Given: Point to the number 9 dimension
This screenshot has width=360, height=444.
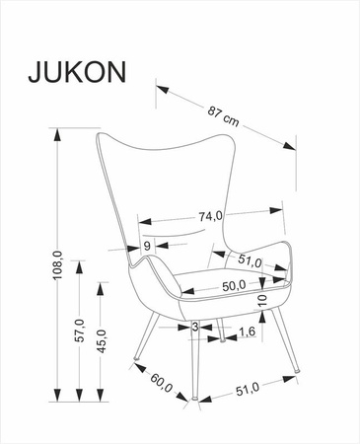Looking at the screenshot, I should [146, 246].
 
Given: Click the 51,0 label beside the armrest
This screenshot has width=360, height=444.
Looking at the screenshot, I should [250, 261].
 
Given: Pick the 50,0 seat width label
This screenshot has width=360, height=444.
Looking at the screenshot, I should [233, 285].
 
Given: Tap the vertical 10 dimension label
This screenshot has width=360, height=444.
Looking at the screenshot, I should [262, 300].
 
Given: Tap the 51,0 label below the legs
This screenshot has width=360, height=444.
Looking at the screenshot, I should [248, 391].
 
